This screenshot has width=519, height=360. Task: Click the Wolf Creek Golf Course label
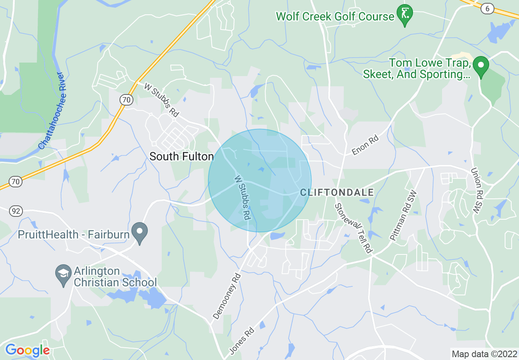click(x=335, y=16)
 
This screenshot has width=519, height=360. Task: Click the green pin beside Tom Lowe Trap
click(x=481, y=66)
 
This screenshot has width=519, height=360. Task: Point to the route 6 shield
click(x=487, y=8)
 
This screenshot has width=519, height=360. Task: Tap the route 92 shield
click(x=15, y=211)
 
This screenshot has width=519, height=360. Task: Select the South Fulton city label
click(x=181, y=156)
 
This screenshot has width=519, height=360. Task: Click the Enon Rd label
click(x=366, y=146)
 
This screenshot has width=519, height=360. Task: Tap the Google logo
click(x=27, y=350)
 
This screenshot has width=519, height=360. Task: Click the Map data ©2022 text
click(x=484, y=353)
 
